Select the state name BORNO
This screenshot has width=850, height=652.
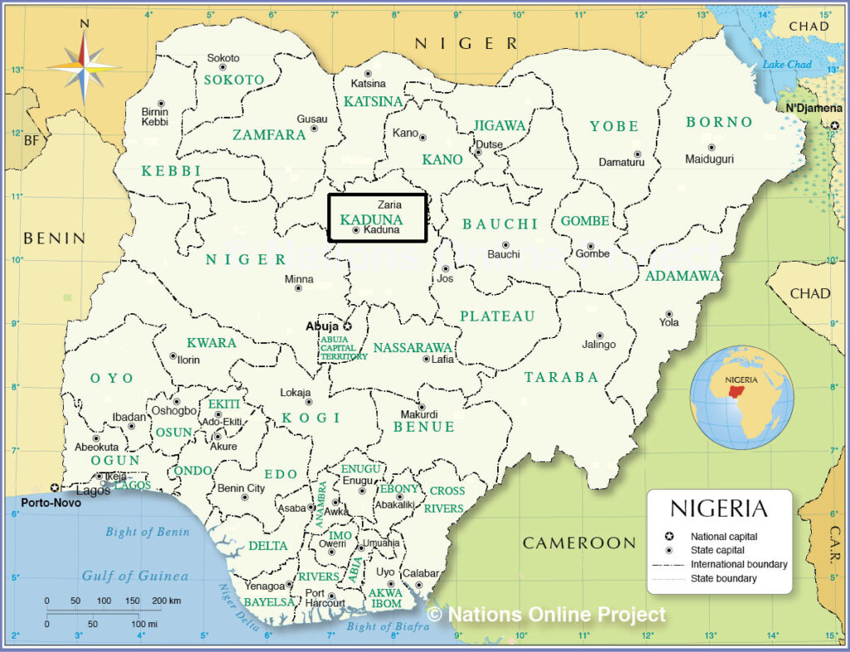point(719,122)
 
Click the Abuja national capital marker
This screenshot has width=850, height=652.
point(348,326)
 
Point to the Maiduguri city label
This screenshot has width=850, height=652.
point(711,159)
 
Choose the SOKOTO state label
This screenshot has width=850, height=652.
point(234,80)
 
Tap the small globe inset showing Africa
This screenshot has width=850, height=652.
point(742,398)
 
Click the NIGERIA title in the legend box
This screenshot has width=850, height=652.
point(719,508)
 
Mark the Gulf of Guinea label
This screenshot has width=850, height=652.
point(134,576)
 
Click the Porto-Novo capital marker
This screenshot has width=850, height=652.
point(55,488)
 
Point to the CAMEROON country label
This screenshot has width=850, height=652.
point(579,543)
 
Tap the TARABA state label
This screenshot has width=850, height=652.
point(561,377)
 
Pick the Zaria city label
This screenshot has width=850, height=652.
point(389,204)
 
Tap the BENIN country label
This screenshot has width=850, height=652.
point(54,238)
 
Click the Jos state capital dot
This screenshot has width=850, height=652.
point(445,269)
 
